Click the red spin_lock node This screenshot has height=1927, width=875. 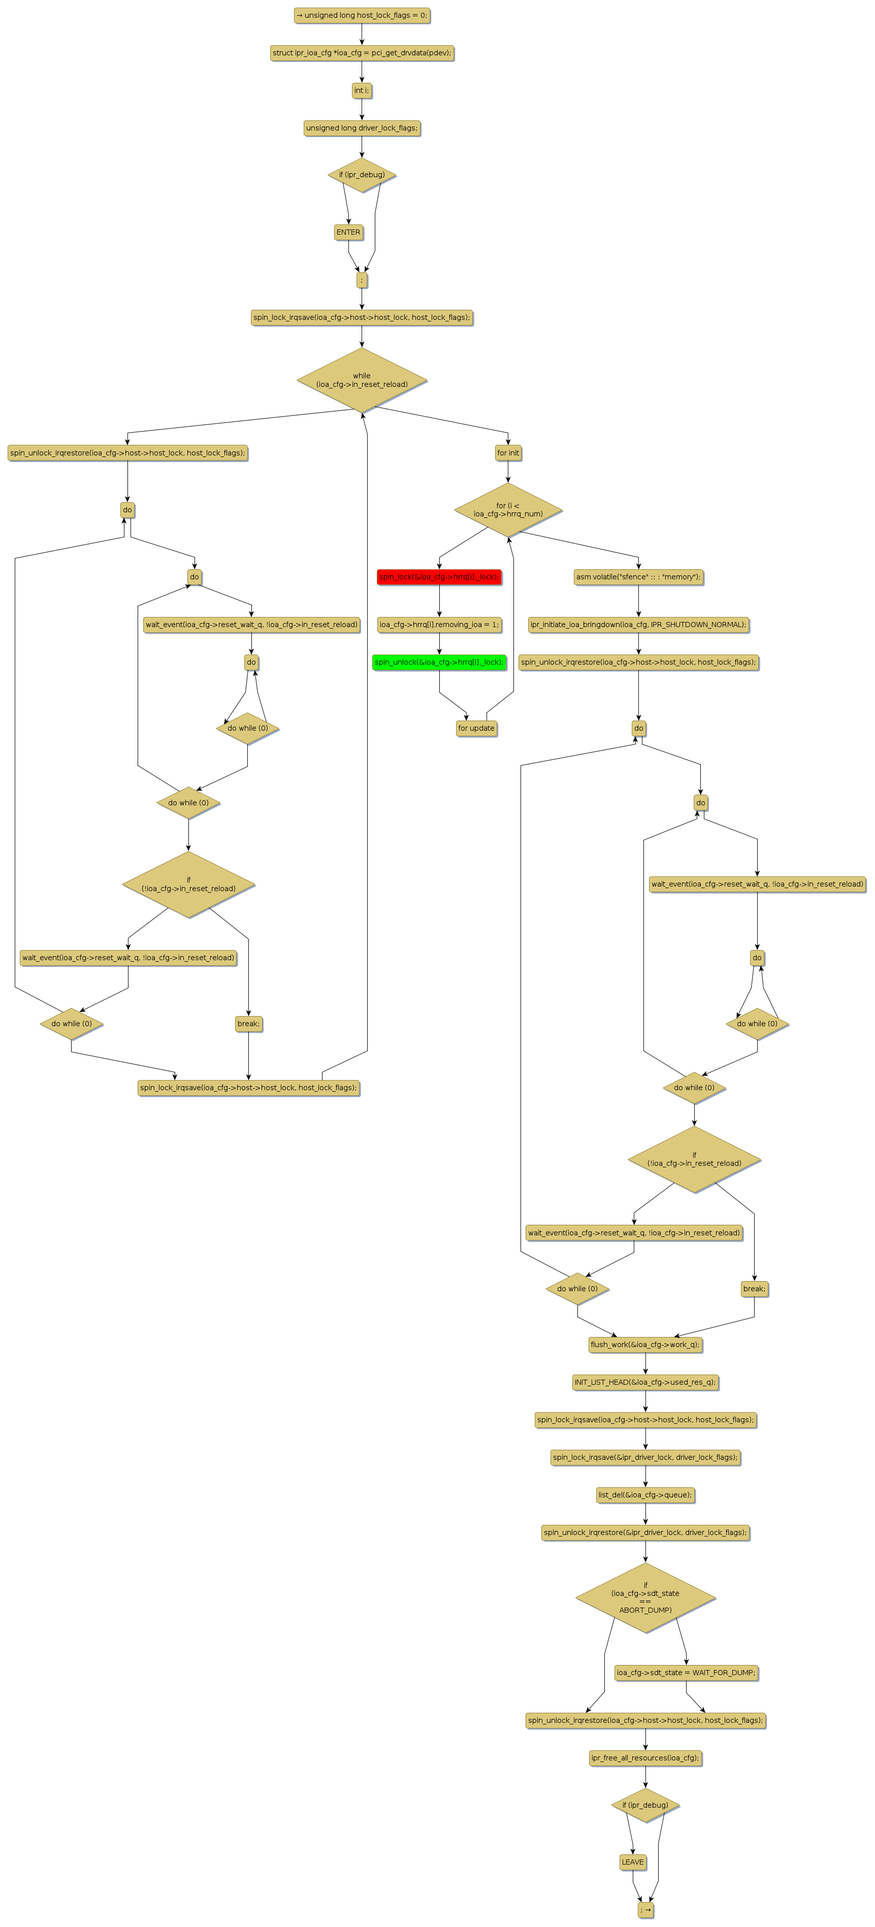pyautogui.click(x=438, y=577)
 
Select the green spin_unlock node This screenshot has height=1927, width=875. pyautogui.click(x=439, y=662)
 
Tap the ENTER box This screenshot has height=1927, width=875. pyautogui.click(x=348, y=232)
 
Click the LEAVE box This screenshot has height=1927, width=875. pyautogui.click(x=633, y=1862)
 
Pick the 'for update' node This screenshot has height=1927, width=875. pyautogui.click(x=476, y=728)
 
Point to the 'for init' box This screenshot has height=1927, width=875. pyautogui.click(x=508, y=452)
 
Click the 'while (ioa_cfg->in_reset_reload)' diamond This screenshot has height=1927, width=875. pyautogui.click(x=362, y=380)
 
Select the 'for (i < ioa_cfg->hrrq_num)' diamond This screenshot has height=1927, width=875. pyautogui.click(x=508, y=509)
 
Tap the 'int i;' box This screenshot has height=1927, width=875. pyautogui.click(x=362, y=90)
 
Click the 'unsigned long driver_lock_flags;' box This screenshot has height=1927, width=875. pyautogui.click(x=362, y=128)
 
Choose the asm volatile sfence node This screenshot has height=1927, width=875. pyautogui.click(x=639, y=577)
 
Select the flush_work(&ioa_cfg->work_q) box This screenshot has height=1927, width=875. pyautogui.click(x=645, y=1344)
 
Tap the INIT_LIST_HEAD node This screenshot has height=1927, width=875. pyautogui.click(x=645, y=1382)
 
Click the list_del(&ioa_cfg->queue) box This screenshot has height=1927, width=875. pyautogui.click(x=645, y=1494)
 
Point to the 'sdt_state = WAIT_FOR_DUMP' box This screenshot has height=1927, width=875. pyautogui.click(x=686, y=1673)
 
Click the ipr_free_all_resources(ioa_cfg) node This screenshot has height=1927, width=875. pyautogui.click(x=645, y=1758)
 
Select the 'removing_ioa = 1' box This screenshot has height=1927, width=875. pyautogui.click(x=439, y=625)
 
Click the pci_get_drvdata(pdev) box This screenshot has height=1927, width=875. pyautogui.click(x=362, y=53)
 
